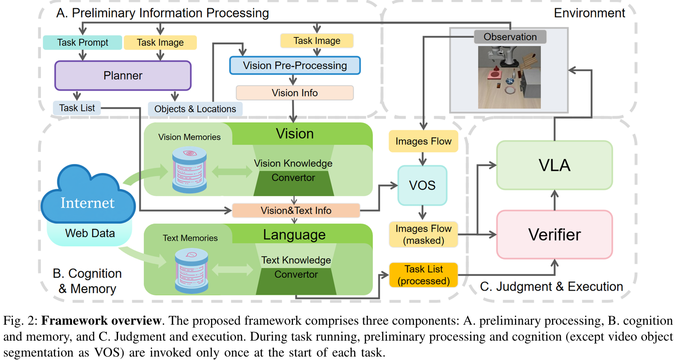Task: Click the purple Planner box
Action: click(123, 75)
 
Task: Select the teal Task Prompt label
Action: click(82, 43)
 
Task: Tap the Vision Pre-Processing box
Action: click(295, 65)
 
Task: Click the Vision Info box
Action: click(295, 93)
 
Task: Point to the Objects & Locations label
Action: click(195, 109)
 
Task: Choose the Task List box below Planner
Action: click(77, 108)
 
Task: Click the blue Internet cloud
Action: click(88, 196)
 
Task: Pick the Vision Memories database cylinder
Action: click(190, 170)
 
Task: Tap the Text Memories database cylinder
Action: click(192, 271)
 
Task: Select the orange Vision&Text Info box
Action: click(296, 211)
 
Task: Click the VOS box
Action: click(422, 186)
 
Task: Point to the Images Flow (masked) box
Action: click(424, 235)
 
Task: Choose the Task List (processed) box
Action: click(424, 275)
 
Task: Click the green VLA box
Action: click(555, 165)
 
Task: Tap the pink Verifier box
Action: click(555, 235)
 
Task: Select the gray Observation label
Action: click(510, 37)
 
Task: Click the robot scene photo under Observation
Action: click(509, 78)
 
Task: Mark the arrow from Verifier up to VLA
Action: click(555, 200)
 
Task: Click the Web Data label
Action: click(90, 233)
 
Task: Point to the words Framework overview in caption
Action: click(101, 321)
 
